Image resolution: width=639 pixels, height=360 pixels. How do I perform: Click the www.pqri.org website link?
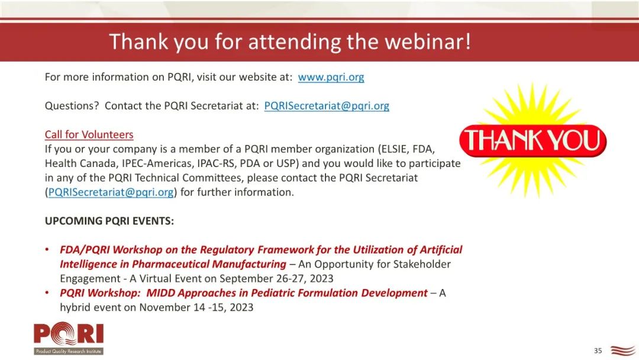[331, 77]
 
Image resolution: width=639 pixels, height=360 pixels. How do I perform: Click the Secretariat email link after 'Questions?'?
[327, 106]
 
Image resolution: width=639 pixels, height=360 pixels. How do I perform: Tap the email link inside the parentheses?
[111, 192]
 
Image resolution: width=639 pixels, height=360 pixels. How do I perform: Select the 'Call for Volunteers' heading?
[89, 134]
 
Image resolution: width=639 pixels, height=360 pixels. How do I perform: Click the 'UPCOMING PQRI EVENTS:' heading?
[109, 221]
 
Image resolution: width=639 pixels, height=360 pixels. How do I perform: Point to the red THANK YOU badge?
[532, 141]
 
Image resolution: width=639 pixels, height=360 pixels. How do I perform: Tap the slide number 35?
[598, 351]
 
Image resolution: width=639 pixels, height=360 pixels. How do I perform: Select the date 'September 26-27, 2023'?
[276, 278]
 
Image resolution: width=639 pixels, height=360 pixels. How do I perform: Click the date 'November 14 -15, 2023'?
[196, 307]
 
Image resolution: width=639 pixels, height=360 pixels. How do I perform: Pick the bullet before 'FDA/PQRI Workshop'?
[48, 249]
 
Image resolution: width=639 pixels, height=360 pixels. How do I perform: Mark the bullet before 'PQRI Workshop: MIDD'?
[48, 292]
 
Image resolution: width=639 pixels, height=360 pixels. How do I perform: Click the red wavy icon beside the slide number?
[623, 350]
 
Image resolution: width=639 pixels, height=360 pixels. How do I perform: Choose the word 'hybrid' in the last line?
[75, 307]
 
